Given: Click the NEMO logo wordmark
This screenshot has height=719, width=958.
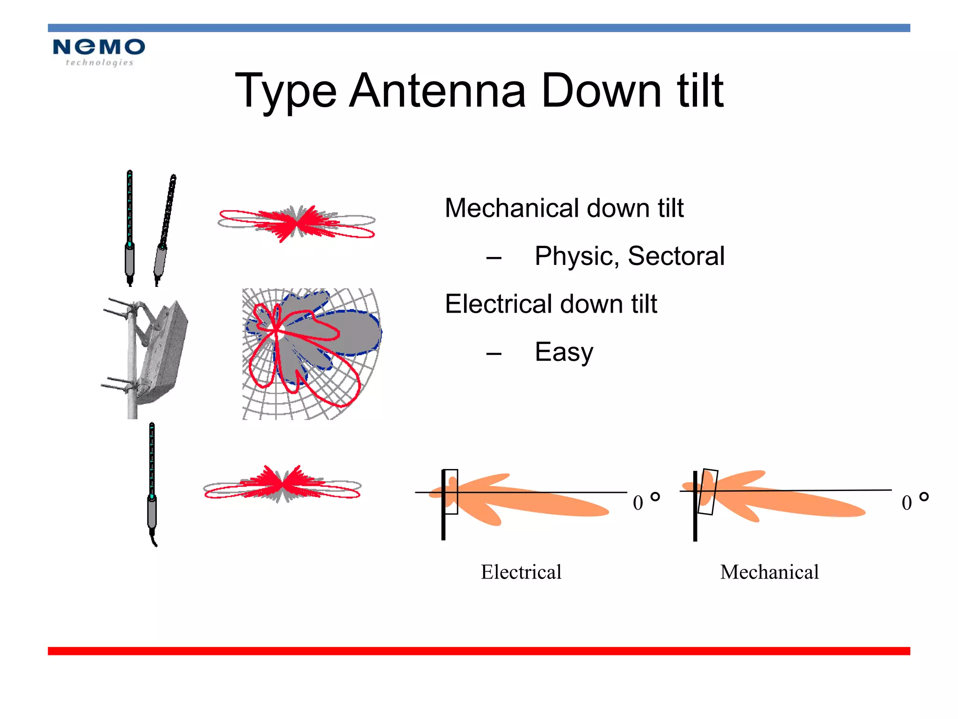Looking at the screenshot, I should tap(99, 47).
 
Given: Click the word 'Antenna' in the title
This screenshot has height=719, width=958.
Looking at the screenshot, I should tap(438, 91).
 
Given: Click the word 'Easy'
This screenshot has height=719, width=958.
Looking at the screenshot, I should tap(564, 352).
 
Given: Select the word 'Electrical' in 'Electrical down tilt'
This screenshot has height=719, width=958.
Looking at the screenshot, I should tap(499, 304).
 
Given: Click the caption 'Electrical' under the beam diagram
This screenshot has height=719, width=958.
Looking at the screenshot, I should tap(521, 572).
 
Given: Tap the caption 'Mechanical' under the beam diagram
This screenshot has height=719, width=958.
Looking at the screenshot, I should tap(769, 572).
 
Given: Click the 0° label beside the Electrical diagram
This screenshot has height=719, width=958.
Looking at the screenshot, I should tap(646, 501).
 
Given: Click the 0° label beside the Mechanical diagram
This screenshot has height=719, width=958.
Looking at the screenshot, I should tap(914, 501).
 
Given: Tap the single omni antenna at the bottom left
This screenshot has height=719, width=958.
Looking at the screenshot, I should tap(152, 482).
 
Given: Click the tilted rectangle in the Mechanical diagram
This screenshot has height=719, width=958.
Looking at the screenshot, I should tap(707, 492).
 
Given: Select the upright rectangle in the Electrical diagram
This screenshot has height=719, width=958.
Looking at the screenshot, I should tap(451, 492).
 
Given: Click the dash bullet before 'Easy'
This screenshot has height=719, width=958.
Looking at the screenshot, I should tap(494, 353).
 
